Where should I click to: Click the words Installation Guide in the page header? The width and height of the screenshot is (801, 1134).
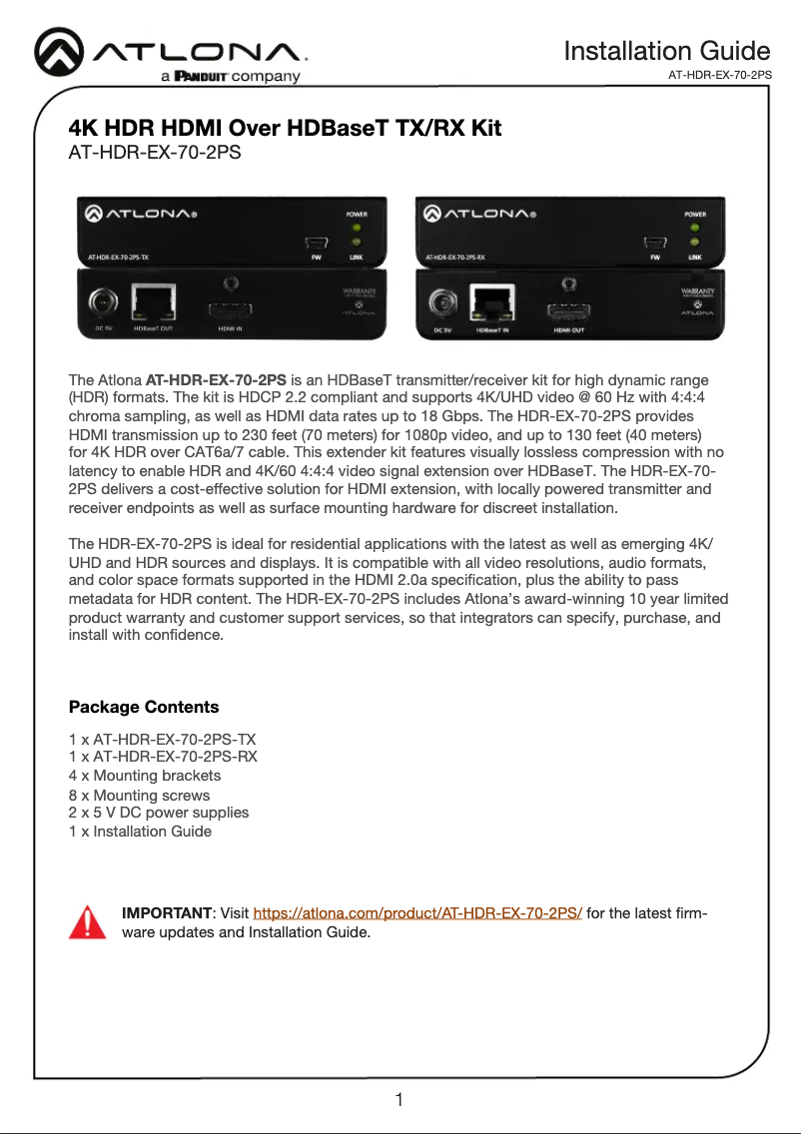666,51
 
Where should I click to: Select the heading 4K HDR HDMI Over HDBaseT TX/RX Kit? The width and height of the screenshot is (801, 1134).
285,129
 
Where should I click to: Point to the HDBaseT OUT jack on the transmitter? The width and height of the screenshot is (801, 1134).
153,303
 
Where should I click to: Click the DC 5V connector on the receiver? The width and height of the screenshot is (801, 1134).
441,301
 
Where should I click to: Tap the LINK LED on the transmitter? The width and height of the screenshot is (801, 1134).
357,243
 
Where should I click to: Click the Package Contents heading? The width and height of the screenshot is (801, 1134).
144,707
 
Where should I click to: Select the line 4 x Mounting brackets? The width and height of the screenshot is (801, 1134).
145,776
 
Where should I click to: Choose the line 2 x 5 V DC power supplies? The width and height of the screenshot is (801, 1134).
159,813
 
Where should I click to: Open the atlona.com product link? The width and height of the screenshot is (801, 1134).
417,913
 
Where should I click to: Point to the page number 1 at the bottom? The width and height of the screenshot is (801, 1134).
399,1101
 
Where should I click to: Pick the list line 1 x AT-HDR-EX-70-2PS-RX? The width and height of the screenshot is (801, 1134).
163,757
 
